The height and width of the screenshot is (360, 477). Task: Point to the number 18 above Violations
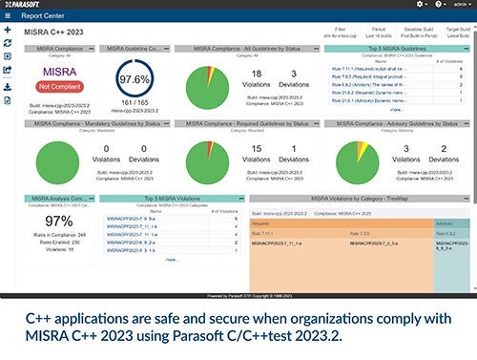[x=257, y=74]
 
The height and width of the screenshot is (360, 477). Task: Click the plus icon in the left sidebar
[x=8, y=31]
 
